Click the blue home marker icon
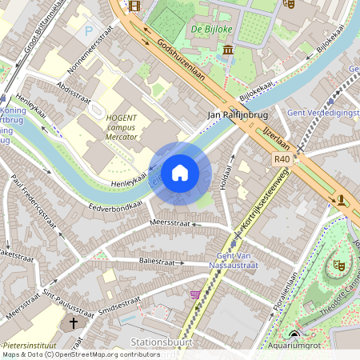point(180,173)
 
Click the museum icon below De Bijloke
point(228,50)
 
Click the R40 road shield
point(281,159)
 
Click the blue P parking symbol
point(88,30)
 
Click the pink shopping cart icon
point(194,294)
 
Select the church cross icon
point(74,323)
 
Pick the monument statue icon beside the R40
point(342,199)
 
